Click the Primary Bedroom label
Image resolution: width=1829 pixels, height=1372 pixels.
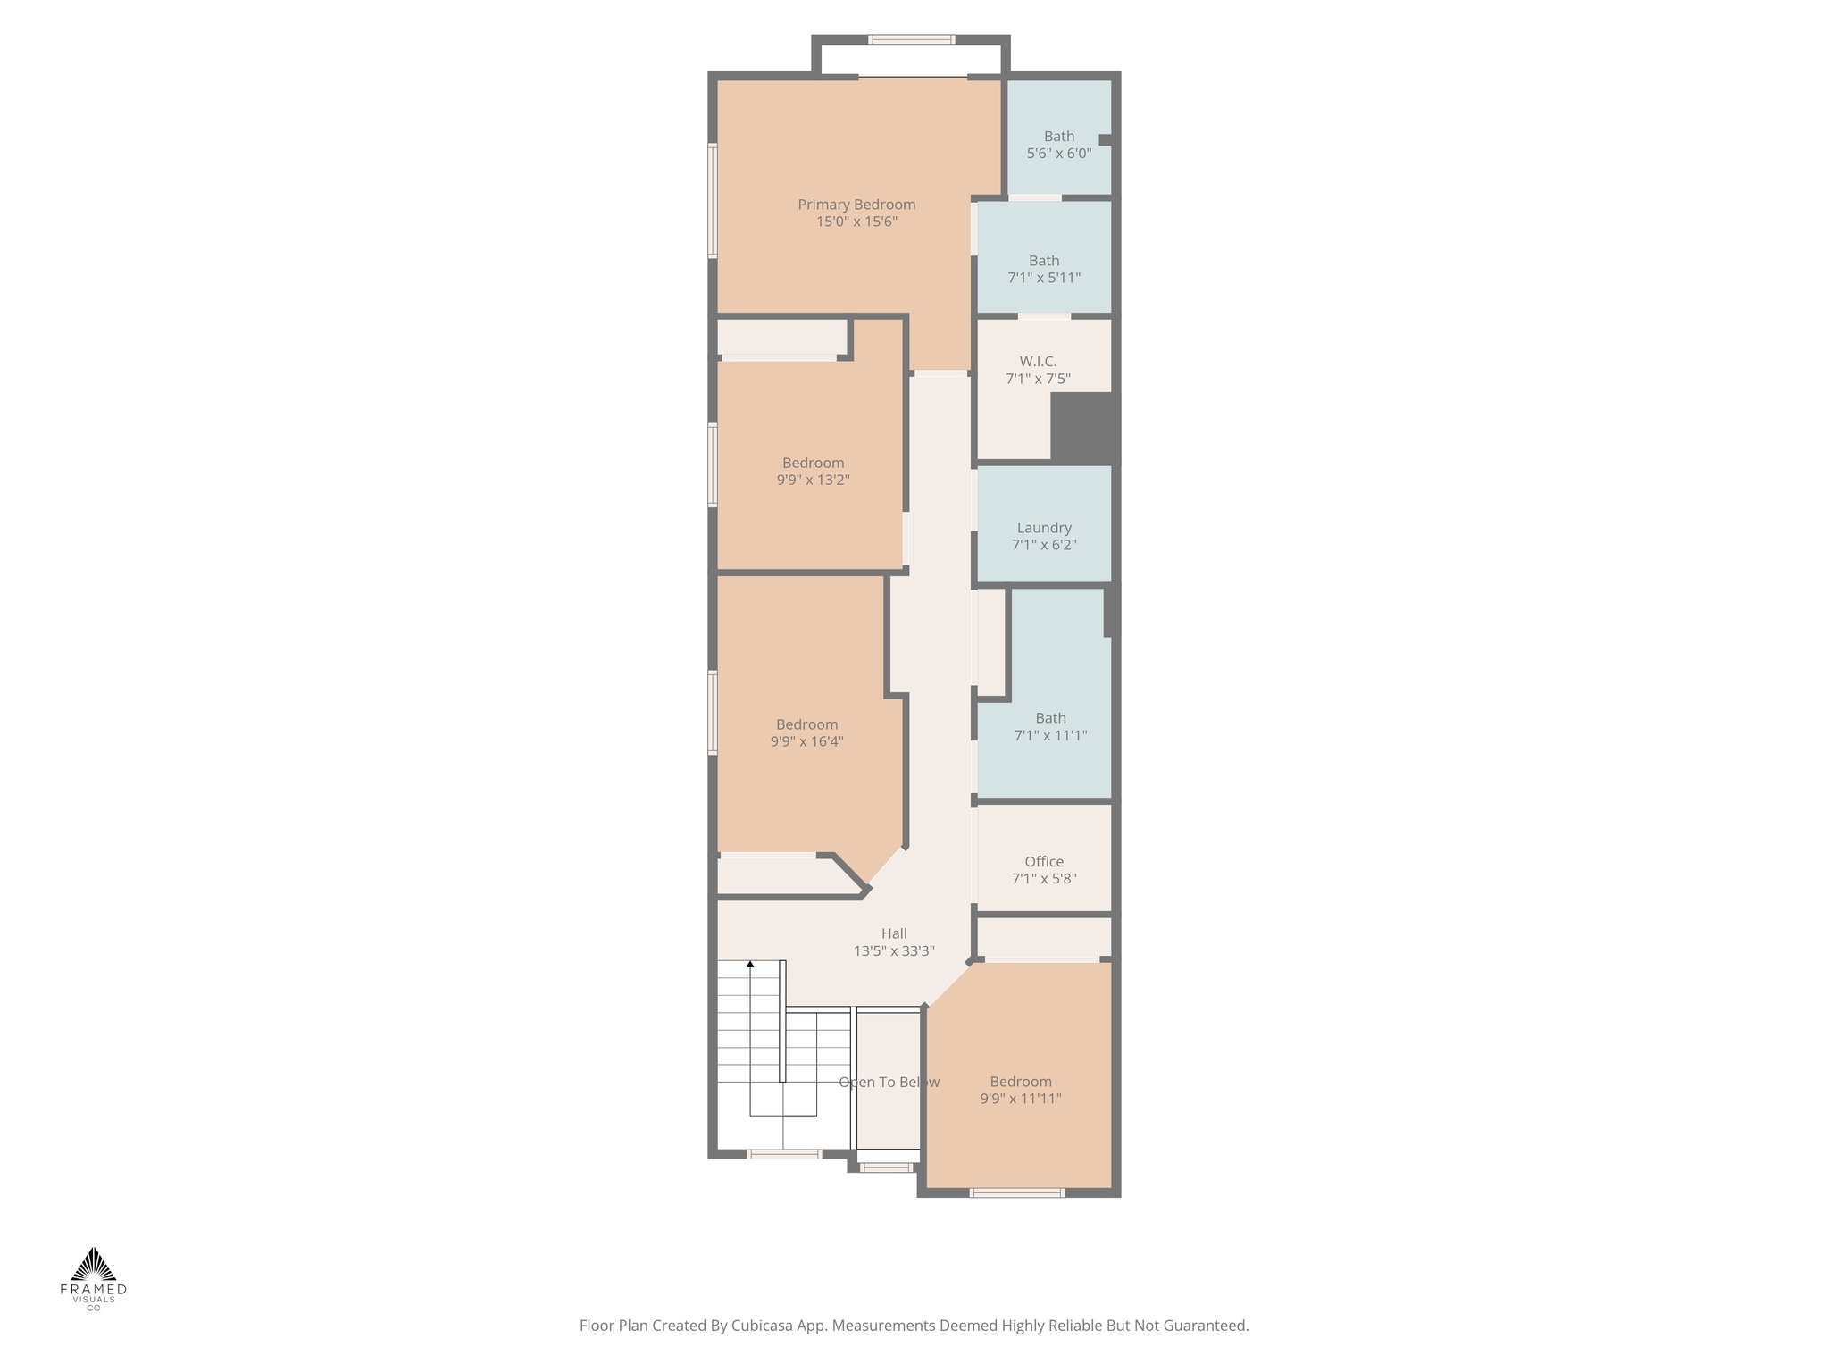pyautogui.click(x=856, y=205)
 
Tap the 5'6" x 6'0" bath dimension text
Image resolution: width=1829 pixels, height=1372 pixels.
pyautogui.click(x=1058, y=154)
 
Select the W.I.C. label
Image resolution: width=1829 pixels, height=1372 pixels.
pyautogui.click(x=1038, y=362)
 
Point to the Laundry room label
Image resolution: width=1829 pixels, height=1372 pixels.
pyautogui.click(x=1044, y=528)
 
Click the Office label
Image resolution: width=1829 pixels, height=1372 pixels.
pyautogui.click(x=1044, y=862)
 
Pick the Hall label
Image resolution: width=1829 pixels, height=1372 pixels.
pyautogui.click(x=894, y=933)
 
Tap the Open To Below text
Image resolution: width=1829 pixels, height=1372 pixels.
pyautogui.click(x=889, y=1083)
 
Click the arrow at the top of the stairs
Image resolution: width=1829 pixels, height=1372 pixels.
pyautogui.click(x=750, y=965)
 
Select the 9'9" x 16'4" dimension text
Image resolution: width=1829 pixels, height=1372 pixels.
pyautogui.click(x=806, y=741)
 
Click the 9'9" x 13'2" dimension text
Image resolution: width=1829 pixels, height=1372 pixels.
pyautogui.click(x=813, y=480)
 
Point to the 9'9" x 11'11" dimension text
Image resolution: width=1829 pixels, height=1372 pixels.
pyautogui.click(x=1020, y=1099)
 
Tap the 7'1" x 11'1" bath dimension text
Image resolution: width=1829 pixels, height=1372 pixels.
pyautogui.click(x=1050, y=736)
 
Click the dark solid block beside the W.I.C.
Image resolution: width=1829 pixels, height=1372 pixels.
pyautogui.click(x=1084, y=427)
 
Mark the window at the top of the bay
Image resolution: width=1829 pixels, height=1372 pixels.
pyautogui.click(x=912, y=39)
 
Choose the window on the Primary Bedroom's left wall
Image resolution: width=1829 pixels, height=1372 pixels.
pyautogui.click(x=713, y=201)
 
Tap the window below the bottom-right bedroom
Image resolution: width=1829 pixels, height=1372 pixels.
pyautogui.click(x=1017, y=1192)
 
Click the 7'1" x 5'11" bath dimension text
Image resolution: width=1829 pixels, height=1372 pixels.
pyautogui.click(x=1044, y=278)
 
